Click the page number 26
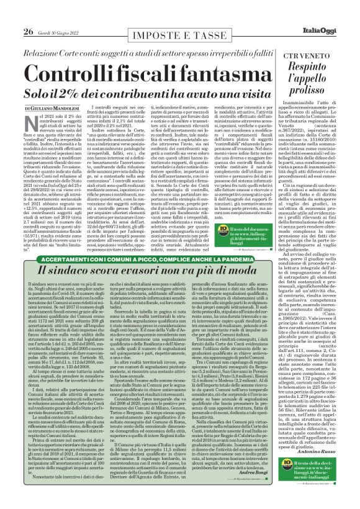[12, 14]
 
